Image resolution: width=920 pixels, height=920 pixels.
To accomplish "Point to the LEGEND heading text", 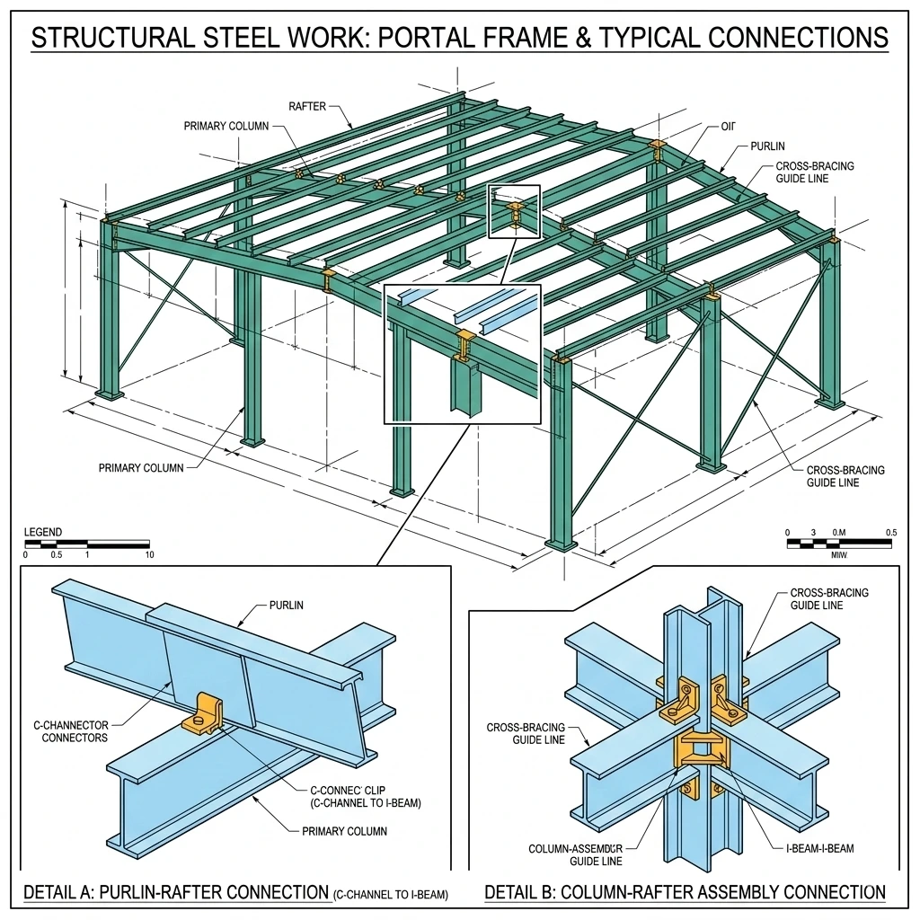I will (x=43, y=533).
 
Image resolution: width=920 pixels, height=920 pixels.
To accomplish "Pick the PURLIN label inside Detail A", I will (x=287, y=606).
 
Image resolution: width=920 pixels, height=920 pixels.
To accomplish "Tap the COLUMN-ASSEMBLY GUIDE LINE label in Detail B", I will (x=576, y=854).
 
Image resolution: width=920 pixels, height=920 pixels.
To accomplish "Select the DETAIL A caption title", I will (x=175, y=893).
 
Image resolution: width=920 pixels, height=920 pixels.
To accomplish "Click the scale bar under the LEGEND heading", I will (x=87, y=544).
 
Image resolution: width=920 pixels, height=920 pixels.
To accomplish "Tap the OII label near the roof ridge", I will (x=728, y=127).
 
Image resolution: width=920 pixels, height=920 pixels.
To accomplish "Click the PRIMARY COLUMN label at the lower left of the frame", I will (x=141, y=468).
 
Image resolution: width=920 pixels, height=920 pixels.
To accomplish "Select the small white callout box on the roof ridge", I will (x=515, y=212).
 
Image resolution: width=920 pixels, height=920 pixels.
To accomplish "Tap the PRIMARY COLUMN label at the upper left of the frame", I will (x=226, y=127).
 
